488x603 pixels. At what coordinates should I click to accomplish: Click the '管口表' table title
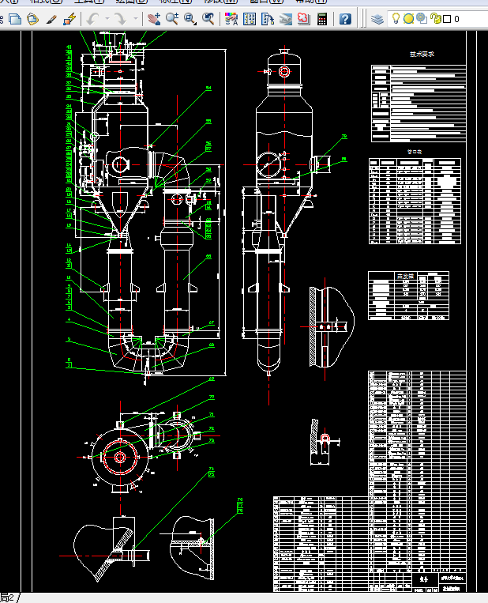pos(415,150)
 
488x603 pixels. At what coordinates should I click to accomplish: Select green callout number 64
pos(208,88)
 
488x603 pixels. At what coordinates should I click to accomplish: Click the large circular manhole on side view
pos(270,165)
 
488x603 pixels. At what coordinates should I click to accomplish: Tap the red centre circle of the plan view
pos(120,457)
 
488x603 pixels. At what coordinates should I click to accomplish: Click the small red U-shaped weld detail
pos(325,436)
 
